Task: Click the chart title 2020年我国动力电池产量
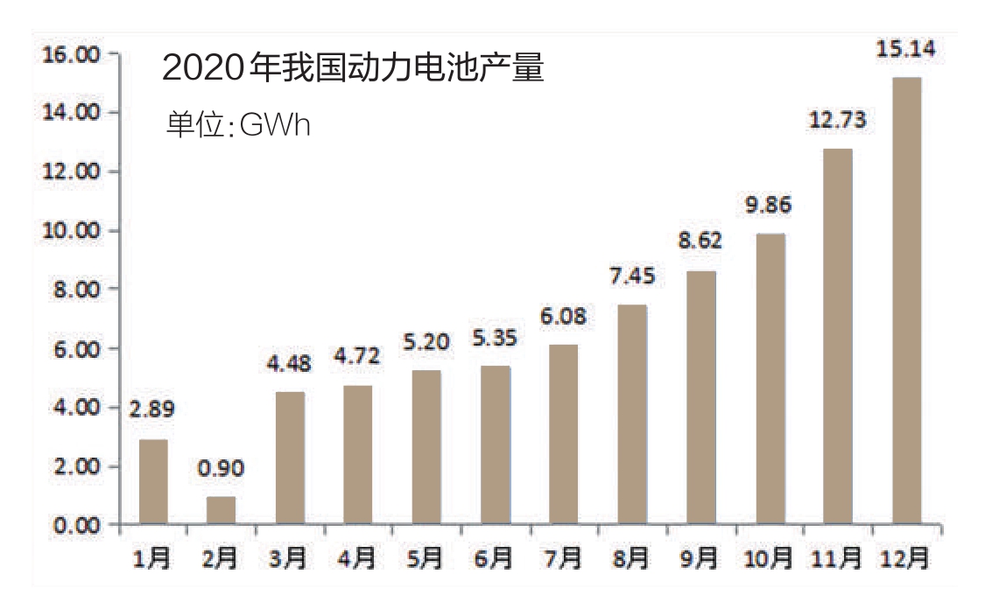(x=353, y=68)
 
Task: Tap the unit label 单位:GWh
(x=238, y=124)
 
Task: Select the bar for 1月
(x=153, y=482)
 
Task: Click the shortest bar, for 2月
(x=222, y=511)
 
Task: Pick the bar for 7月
(x=564, y=435)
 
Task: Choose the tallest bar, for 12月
(x=906, y=301)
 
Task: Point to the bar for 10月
(x=770, y=379)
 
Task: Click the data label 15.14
(x=905, y=49)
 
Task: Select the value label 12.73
(x=837, y=120)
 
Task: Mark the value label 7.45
(x=631, y=276)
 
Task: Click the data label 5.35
(x=495, y=337)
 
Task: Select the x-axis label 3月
(x=290, y=558)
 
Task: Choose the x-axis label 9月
(x=700, y=558)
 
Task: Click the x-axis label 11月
(x=837, y=558)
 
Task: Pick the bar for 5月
(x=427, y=447)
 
